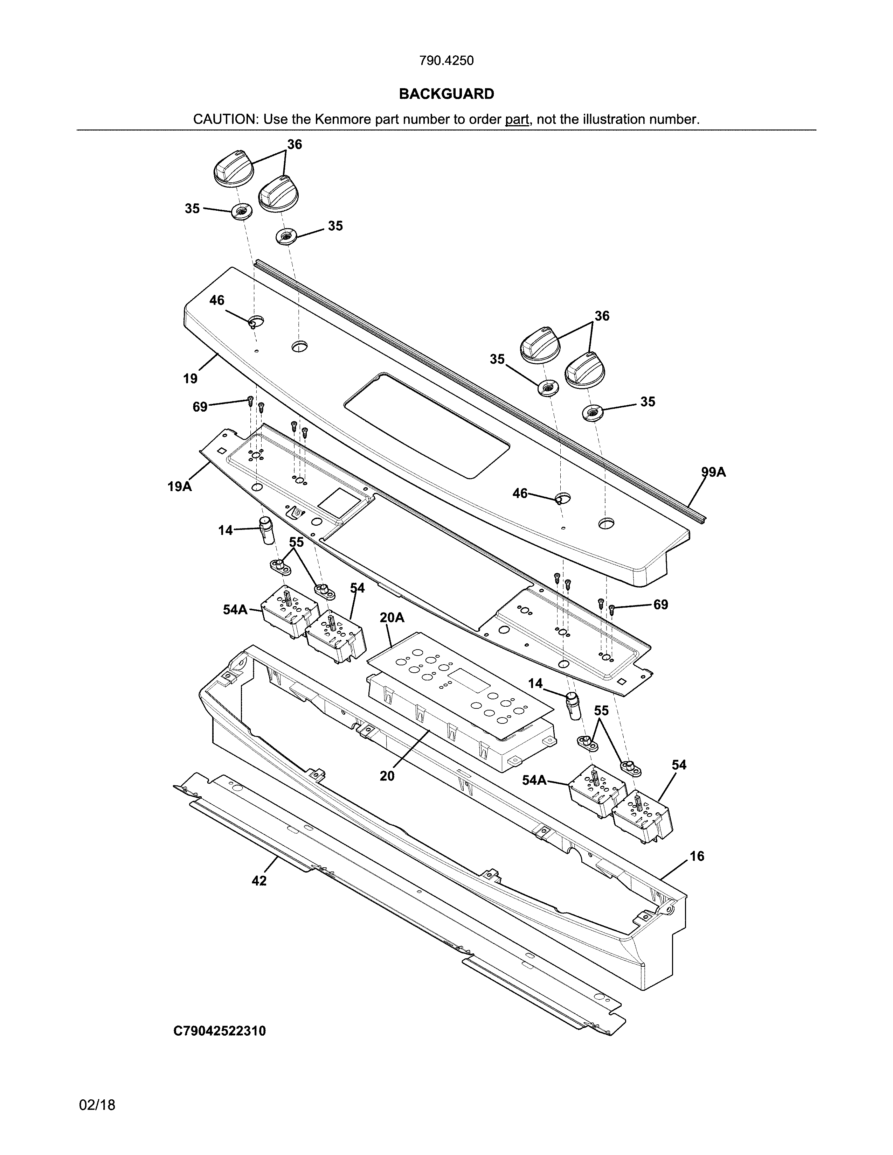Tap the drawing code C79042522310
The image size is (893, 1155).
[x=220, y=1031]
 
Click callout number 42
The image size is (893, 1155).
[x=259, y=881]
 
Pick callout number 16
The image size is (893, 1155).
[x=697, y=856]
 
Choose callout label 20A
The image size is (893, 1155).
[x=392, y=617]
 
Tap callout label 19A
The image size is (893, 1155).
[x=179, y=486]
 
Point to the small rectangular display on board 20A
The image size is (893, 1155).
[x=468, y=679]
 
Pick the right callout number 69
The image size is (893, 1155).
[x=660, y=604]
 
